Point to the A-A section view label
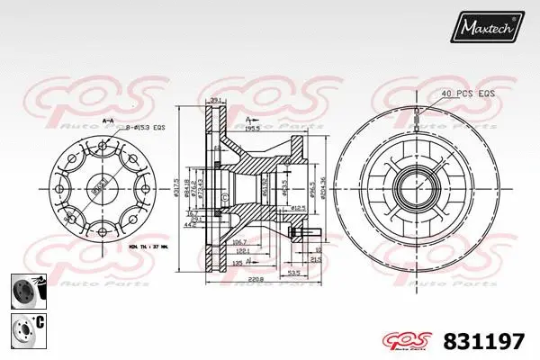pyautogui.click(x=107, y=121)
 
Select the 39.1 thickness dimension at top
pyautogui.click(x=215, y=100)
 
